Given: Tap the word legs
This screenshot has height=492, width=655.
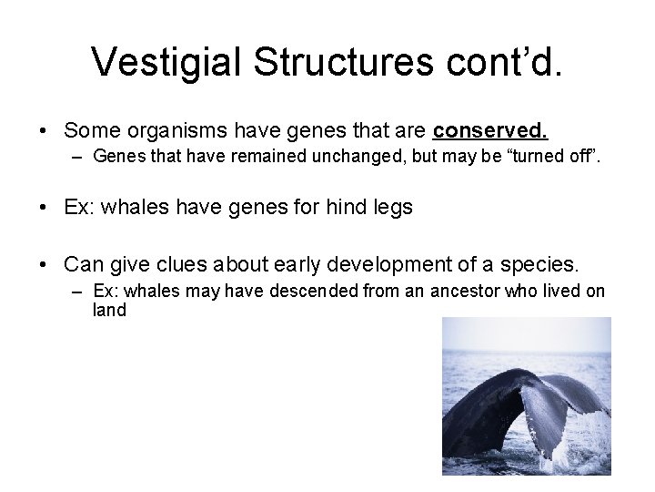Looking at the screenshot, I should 392,208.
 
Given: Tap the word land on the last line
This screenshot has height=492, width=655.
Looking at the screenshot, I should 109,310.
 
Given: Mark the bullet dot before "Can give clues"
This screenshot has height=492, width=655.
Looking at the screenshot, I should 45,265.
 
